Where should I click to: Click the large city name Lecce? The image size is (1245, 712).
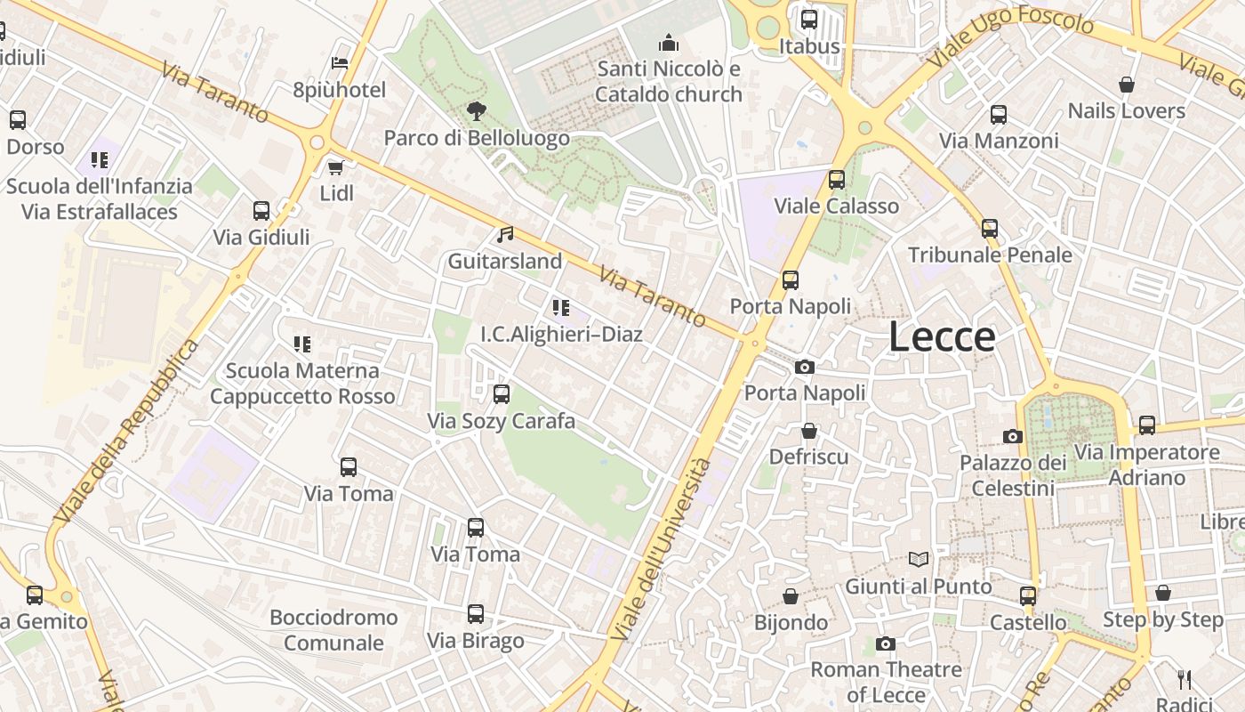(942, 337)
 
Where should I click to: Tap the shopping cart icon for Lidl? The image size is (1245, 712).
(336, 167)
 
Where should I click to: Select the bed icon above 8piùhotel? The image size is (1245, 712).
(340, 63)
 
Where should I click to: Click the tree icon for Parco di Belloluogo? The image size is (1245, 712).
(477, 111)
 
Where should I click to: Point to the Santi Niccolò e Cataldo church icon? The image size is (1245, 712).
(668, 43)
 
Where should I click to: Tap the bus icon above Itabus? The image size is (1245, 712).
(809, 20)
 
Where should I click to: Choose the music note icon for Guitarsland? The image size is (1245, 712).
(505, 235)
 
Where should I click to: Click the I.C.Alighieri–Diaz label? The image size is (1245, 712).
(561, 335)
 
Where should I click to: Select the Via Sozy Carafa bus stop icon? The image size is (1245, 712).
(502, 394)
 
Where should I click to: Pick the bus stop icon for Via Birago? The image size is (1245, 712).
(476, 614)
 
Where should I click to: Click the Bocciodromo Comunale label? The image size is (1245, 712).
(333, 630)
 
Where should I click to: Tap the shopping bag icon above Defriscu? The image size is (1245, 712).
(809, 431)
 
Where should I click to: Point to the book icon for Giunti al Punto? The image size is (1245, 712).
(919, 560)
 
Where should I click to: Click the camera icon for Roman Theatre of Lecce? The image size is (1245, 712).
(886, 643)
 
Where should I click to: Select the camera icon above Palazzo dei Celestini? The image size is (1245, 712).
(1013, 436)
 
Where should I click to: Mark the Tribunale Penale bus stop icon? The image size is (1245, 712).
(990, 229)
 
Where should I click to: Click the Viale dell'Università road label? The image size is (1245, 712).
(663, 549)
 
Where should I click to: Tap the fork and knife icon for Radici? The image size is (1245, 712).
(1185, 679)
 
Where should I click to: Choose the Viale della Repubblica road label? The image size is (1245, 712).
(124, 432)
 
